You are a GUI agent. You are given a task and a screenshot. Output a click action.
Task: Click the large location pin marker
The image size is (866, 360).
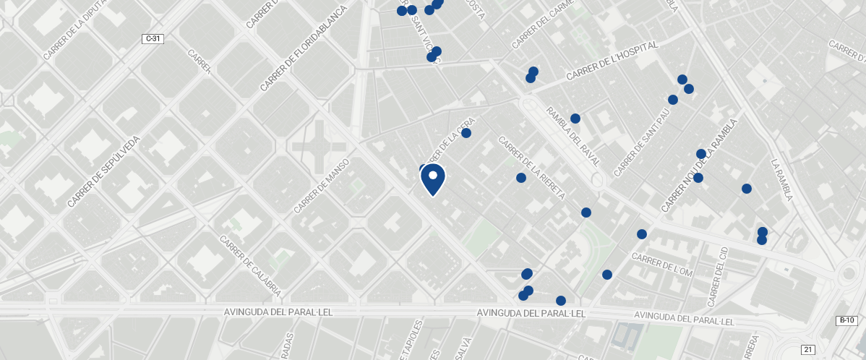(x=432, y=179)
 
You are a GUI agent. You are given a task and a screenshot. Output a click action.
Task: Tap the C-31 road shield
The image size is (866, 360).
(x=152, y=38)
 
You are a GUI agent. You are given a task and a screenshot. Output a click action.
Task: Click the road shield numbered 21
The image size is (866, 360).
(x=808, y=350)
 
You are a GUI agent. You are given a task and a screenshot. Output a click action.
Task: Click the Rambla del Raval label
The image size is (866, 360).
(x=573, y=137)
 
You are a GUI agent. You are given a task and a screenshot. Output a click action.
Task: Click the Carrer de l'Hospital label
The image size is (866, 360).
(x=612, y=61)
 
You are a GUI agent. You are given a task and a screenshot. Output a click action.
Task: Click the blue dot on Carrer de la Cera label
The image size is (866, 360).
(x=466, y=133)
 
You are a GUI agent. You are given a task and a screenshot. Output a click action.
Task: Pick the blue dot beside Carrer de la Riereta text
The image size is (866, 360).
(x=520, y=178)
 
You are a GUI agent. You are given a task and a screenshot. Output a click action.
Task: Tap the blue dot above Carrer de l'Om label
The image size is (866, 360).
(x=641, y=234)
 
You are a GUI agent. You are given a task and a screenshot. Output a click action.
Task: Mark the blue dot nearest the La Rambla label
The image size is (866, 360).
(x=746, y=189)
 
